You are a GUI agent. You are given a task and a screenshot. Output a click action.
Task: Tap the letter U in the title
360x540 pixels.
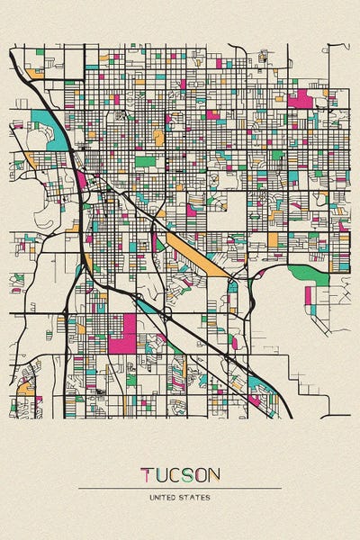coord(163,474)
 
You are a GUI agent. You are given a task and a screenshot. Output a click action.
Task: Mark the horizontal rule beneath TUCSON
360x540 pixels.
coord(180,488)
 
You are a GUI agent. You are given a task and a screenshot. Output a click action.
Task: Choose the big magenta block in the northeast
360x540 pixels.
coord(301,97)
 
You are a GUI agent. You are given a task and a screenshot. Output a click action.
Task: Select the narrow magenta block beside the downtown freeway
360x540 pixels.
coord(81,179)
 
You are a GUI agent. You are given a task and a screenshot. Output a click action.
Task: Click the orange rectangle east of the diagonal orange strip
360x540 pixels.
coord(273,240)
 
